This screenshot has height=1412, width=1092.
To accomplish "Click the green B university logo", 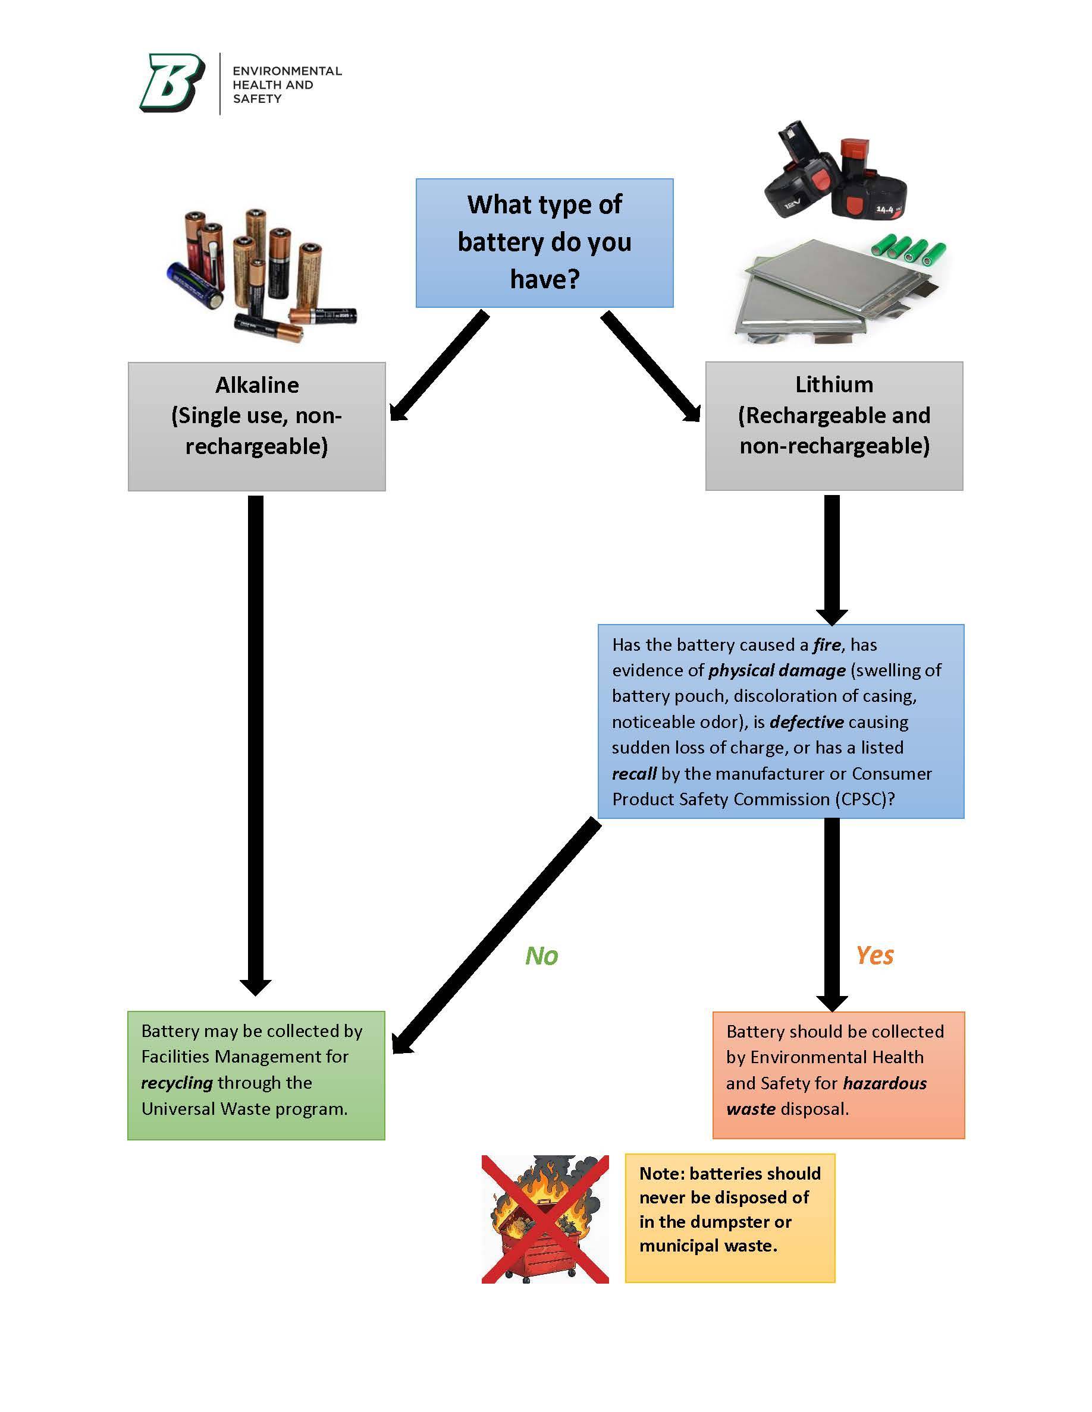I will click(x=172, y=83).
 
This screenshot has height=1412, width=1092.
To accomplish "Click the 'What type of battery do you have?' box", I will click(x=544, y=242).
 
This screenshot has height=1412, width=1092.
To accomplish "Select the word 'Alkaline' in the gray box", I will click(x=257, y=385).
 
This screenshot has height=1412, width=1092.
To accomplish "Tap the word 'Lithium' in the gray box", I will click(x=834, y=384).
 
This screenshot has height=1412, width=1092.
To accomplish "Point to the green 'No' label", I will click(x=541, y=956).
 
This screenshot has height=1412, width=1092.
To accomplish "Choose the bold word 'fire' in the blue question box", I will click(x=827, y=645).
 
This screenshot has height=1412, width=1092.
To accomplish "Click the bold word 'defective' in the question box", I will click(x=807, y=721).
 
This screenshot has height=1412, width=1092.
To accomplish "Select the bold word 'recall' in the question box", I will click(x=634, y=773).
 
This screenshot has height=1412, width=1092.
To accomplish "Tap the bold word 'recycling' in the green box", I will click(x=177, y=1082).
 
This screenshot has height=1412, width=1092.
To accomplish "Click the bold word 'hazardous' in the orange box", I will click(x=884, y=1083).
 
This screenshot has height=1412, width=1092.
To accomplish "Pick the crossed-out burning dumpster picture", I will click(x=545, y=1219).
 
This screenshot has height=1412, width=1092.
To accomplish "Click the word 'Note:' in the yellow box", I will click(x=661, y=1174).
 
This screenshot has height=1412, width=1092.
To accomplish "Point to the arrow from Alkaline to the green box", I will click(x=256, y=743).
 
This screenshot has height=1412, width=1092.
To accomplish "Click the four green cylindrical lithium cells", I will click(x=909, y=249).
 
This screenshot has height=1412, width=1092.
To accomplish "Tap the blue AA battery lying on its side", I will click(x=194, y=285).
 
